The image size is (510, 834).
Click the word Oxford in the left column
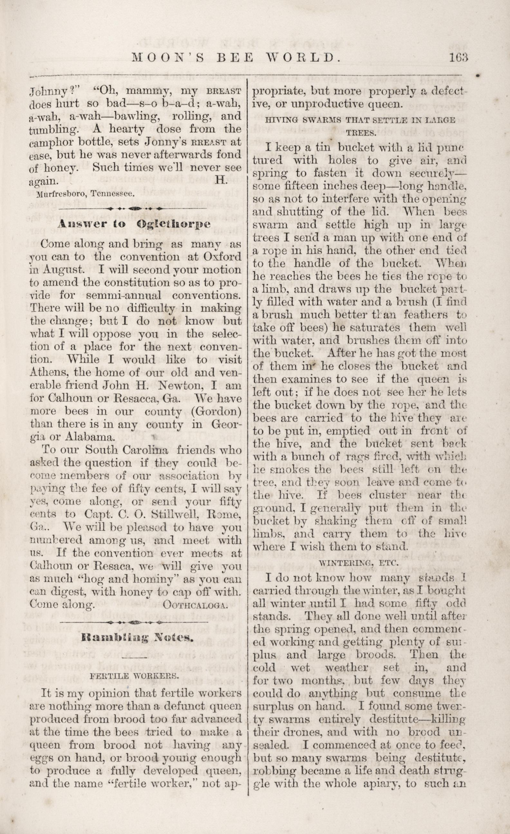tap(222, 257)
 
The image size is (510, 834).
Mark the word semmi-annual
tap(124, 295)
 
